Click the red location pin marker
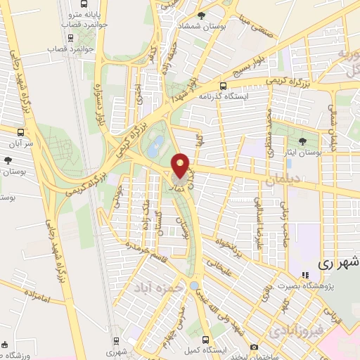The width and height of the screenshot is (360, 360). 181,166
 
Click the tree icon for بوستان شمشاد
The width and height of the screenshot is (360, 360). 202,15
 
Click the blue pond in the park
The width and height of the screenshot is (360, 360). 156,146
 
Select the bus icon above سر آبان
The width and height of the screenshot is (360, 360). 21,131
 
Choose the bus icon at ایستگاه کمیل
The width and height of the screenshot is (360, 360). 205,339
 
